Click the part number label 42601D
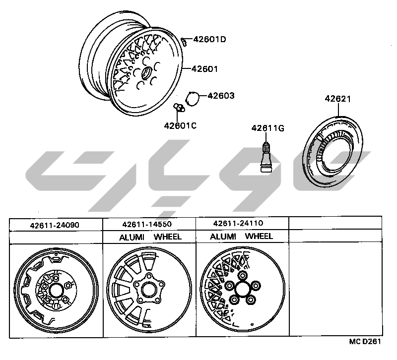click(x=209, y=40)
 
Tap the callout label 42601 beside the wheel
click(x=204, y=69)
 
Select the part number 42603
click(x=221, y=96)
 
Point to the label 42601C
click(x=180, y=126)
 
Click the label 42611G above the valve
click(x=268, y=128)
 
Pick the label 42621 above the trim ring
click(x=338, y=99)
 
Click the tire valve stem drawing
click(x=265, y=157)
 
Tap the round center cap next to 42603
click(x=193, y=99)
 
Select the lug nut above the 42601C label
click(x=179, y=108)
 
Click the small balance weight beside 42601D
click(x=184, y=42)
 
